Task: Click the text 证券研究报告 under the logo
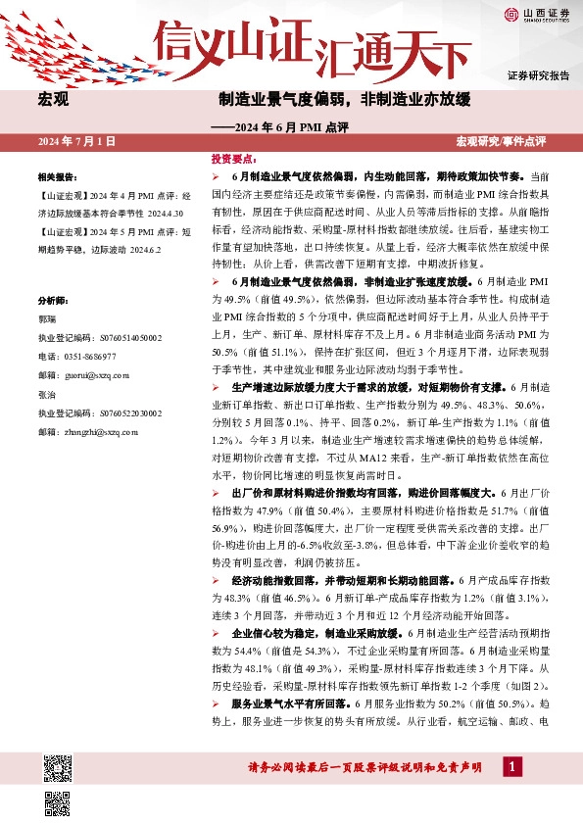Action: point(538,75)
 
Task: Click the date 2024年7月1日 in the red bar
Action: point(76,142)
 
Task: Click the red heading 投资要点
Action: point(234,158)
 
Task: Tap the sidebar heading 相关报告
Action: point(57,177)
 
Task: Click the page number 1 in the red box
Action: point(511,766)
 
